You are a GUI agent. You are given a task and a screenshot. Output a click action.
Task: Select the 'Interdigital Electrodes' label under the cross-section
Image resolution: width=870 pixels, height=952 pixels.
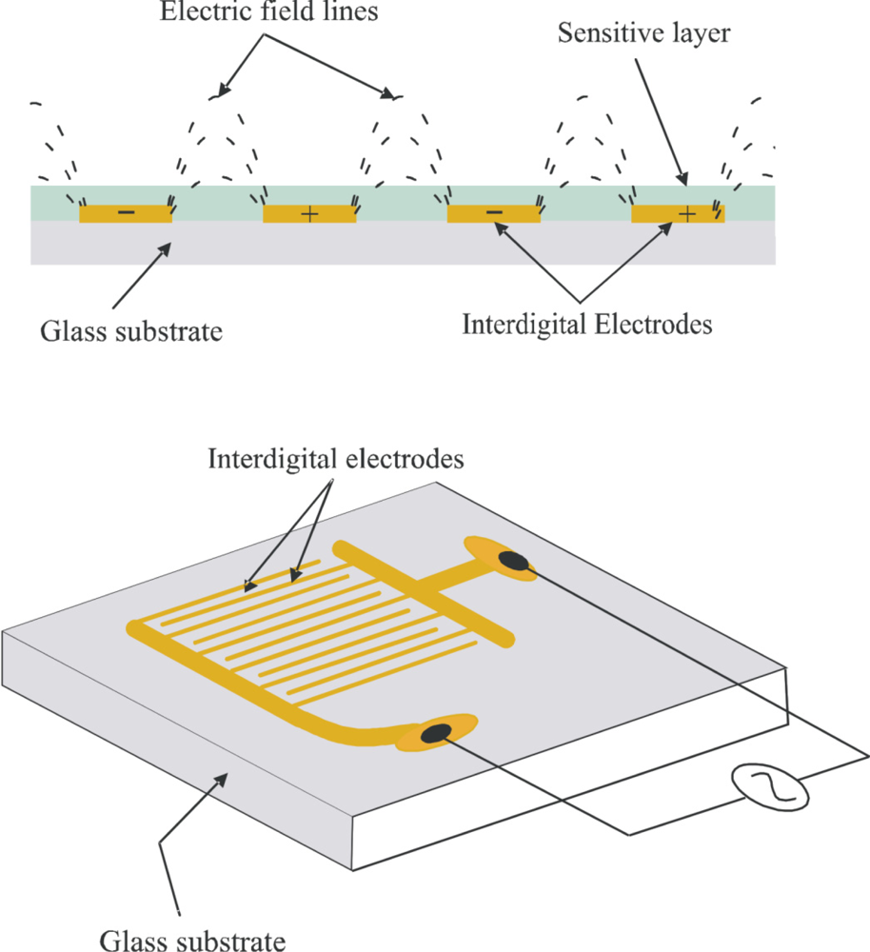click(587, 325)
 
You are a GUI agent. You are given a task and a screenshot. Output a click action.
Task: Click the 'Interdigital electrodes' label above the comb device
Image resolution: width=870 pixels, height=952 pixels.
click(335, 459)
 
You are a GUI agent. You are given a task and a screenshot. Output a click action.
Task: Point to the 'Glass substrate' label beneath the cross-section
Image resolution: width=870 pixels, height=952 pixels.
click(131, 332)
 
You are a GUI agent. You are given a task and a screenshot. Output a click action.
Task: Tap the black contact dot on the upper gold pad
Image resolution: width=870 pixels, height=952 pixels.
click(517, 562)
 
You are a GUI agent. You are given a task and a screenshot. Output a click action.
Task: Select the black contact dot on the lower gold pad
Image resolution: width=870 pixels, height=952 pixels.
click(437, 732)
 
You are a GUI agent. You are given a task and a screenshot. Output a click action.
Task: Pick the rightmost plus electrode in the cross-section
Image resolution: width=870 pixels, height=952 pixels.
click(678, 214)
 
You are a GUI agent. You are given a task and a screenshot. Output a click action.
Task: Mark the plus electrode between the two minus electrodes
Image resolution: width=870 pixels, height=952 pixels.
click(309, 214)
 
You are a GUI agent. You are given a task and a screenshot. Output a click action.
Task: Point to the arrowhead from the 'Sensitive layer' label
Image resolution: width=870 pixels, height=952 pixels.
click(682, 181)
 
